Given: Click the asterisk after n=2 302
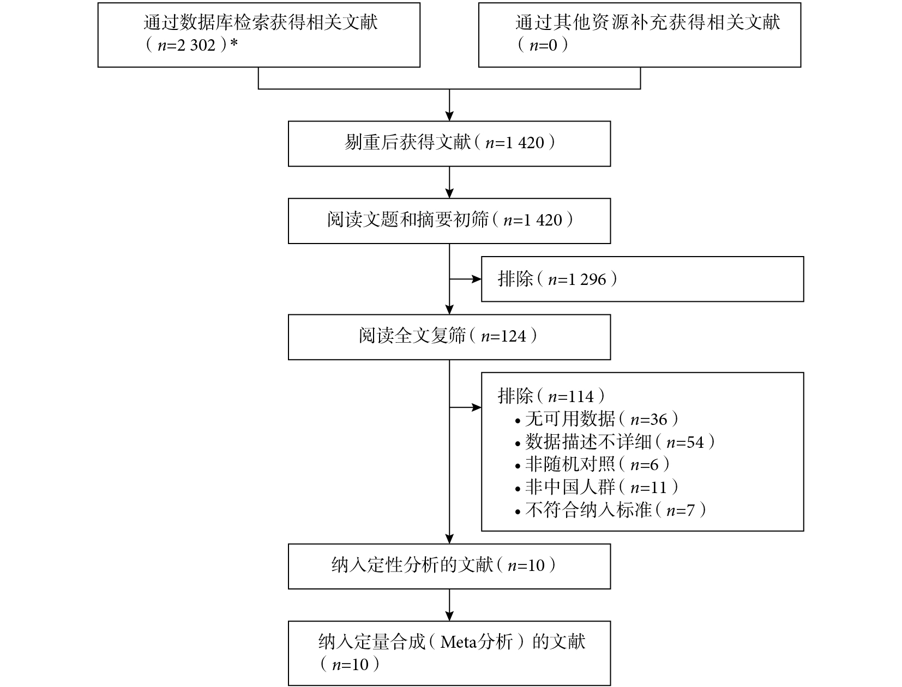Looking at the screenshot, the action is pos(234,43).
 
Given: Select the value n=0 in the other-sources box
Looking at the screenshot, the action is pos(543,45).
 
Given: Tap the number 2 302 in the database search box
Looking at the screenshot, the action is pos(196,45).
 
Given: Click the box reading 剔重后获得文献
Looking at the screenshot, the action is pos(449,144).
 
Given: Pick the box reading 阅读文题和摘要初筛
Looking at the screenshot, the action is pos(449,221).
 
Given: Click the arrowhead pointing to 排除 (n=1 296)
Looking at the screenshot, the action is pos(477,279).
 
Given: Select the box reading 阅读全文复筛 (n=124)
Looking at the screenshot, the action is pos(449,337).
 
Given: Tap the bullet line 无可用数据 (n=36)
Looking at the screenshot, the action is pos(596,419).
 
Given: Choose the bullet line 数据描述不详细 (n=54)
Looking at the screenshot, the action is pos(615,442).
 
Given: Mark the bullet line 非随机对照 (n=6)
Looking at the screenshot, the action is pos(592,465).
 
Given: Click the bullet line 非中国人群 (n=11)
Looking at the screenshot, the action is pos(596,487).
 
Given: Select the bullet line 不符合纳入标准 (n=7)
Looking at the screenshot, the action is pos(610,510).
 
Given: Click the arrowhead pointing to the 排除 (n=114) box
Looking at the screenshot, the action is pos(477,408).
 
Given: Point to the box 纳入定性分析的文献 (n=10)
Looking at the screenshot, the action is pos(449,567).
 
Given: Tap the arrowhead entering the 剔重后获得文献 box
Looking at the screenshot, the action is pos(449,115).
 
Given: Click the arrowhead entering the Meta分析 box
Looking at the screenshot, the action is pos(449,616).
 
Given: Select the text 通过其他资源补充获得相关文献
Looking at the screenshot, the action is pos(648,22).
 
